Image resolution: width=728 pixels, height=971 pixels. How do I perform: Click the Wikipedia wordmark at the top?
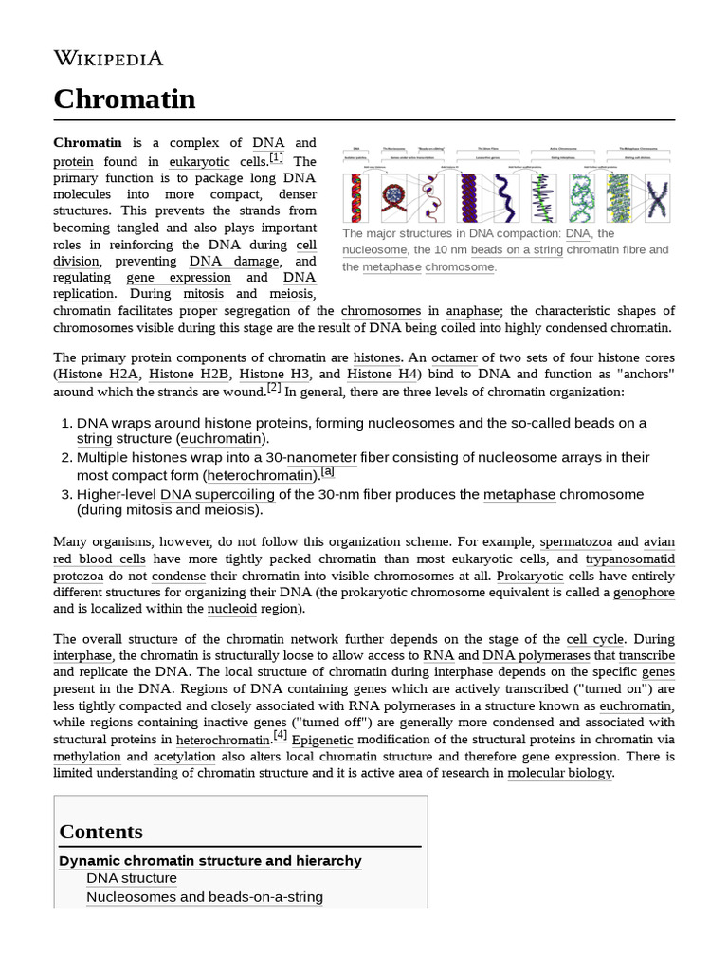pos(108,59)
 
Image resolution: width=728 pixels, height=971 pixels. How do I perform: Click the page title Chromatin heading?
pos(124,99)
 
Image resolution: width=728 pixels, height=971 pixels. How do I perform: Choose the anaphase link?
pos(473,310)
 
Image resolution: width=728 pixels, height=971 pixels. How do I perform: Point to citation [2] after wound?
pos(274,387)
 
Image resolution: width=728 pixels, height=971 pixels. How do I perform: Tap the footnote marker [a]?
pos(328,471)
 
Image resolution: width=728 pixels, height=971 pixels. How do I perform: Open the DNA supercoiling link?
pos(217,494)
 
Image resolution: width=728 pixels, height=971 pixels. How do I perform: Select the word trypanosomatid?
pos(630,559)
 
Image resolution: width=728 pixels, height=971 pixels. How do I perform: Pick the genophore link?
pos(644,592)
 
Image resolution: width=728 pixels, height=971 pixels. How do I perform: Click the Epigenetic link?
pos(322,740)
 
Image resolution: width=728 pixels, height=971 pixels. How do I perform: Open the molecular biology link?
pos(560,773)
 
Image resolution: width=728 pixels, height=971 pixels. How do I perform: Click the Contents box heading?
pos(100,832)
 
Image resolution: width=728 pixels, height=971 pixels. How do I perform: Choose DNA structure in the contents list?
pos(131,879)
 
